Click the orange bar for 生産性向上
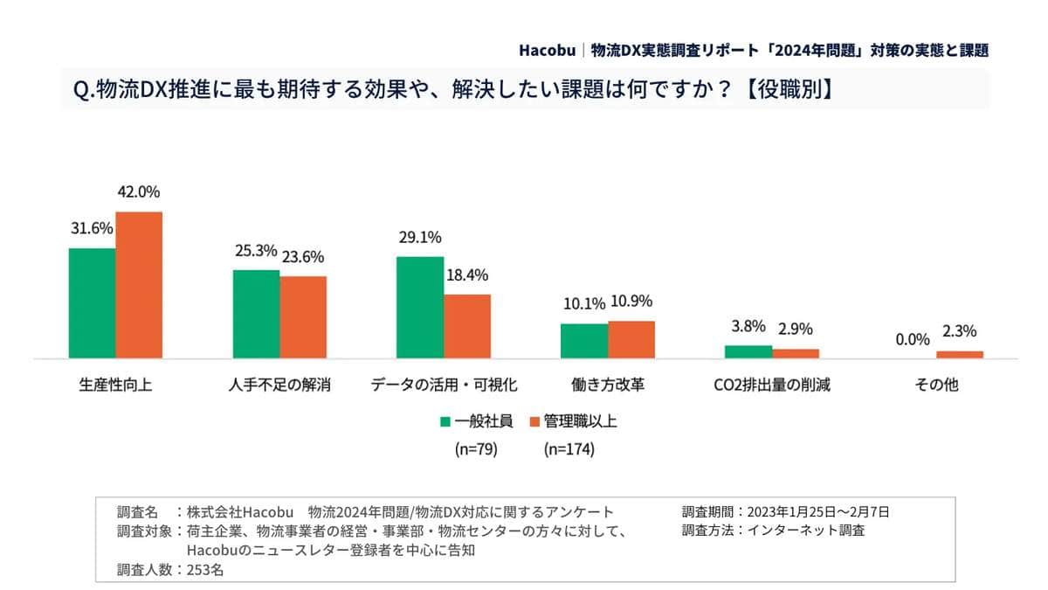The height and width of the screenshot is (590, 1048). coord(139,285)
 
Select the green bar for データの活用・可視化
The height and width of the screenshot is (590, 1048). coord(420,307)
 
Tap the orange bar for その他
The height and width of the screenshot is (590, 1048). coord(960,354)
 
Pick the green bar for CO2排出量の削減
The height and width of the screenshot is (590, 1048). coord(748,351)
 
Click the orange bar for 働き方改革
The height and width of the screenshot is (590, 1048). coord(631,339)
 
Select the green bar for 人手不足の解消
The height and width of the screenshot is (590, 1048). coord(256,314)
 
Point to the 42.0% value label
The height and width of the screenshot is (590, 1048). coord(139,192)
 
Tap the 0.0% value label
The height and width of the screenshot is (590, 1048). coord(913,339)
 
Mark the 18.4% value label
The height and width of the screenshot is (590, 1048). coord(467,274)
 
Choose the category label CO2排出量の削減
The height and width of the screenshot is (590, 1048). coord(772,385)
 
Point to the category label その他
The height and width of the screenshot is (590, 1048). coord(936,385)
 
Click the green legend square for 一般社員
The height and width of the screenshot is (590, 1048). coord(445,421)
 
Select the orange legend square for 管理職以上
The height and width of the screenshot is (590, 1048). coord(534,421)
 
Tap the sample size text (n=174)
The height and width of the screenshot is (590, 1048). coord(569,450)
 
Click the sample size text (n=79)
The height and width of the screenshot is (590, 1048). coord(476,450)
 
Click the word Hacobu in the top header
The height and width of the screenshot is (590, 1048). coord(546,49)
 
